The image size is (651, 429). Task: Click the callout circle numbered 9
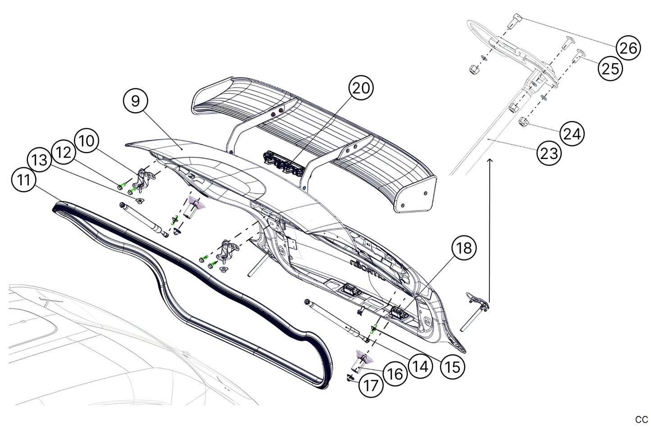pos(136,101)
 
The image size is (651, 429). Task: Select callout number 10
pos(87,141)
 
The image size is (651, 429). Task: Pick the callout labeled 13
pos(40,160)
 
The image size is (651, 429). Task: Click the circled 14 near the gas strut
pos(420,366)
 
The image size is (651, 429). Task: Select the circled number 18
pos(464,247)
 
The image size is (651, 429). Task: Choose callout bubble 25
pos(610,68)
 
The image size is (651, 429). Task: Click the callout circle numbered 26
pos(628,47)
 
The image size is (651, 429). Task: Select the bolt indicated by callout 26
pos(515,20)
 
